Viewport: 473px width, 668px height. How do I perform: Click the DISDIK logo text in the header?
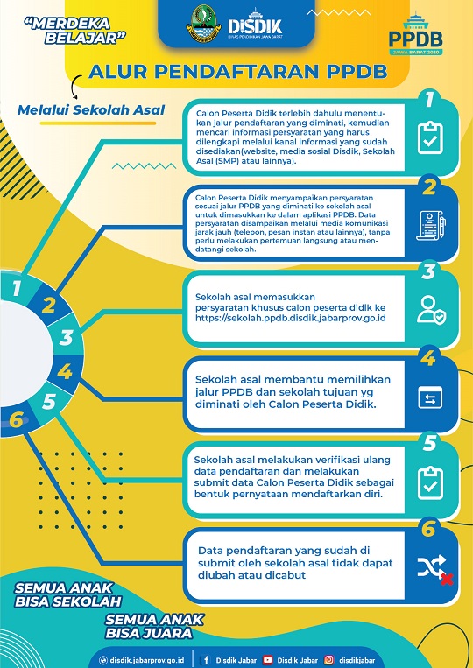coord(255,25)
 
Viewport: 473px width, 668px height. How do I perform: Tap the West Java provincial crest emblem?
coord(204,23)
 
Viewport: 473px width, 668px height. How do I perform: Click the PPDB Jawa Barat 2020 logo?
coord(415,35)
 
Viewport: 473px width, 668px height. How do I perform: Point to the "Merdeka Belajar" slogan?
coord(75,31)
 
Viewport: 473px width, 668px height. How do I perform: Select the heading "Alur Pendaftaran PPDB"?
coord(237,72)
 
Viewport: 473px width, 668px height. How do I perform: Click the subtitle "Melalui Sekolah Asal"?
coord(91,110)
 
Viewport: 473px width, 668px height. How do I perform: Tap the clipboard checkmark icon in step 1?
coord(430,137)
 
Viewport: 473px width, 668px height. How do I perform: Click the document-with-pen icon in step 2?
coord(431,225)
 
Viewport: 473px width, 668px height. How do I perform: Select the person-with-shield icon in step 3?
coord(431,310)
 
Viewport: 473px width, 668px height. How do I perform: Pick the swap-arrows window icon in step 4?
coord(430,397)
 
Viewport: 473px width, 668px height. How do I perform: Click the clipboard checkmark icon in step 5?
coord(430,483)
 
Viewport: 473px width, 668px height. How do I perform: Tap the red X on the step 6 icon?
coord(447,580)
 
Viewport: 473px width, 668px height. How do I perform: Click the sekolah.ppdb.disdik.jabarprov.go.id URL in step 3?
coord(291,318)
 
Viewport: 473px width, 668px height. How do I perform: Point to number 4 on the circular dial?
coord(65,371)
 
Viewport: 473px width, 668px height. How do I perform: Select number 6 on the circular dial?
coord(16,420)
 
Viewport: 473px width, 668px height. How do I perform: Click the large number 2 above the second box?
coord(429,187)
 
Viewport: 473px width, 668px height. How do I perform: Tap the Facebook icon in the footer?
coord(206,660)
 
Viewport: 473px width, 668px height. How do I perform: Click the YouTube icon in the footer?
coord(268,660)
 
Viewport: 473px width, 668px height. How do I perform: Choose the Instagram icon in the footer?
coord(329,660)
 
